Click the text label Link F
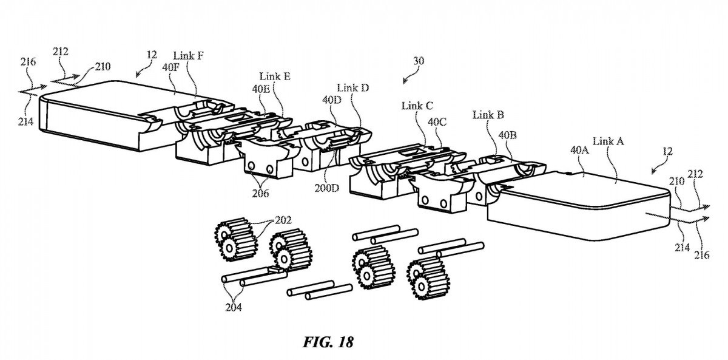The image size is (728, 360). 188,56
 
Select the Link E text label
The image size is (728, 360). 274,76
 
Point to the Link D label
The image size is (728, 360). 352,87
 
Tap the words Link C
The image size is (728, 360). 417,105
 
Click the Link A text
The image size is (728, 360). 608,141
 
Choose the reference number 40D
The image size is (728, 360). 332,100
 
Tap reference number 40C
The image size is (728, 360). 437,121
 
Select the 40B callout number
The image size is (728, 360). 508,135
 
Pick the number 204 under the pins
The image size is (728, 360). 233,307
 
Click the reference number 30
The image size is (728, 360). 419,61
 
